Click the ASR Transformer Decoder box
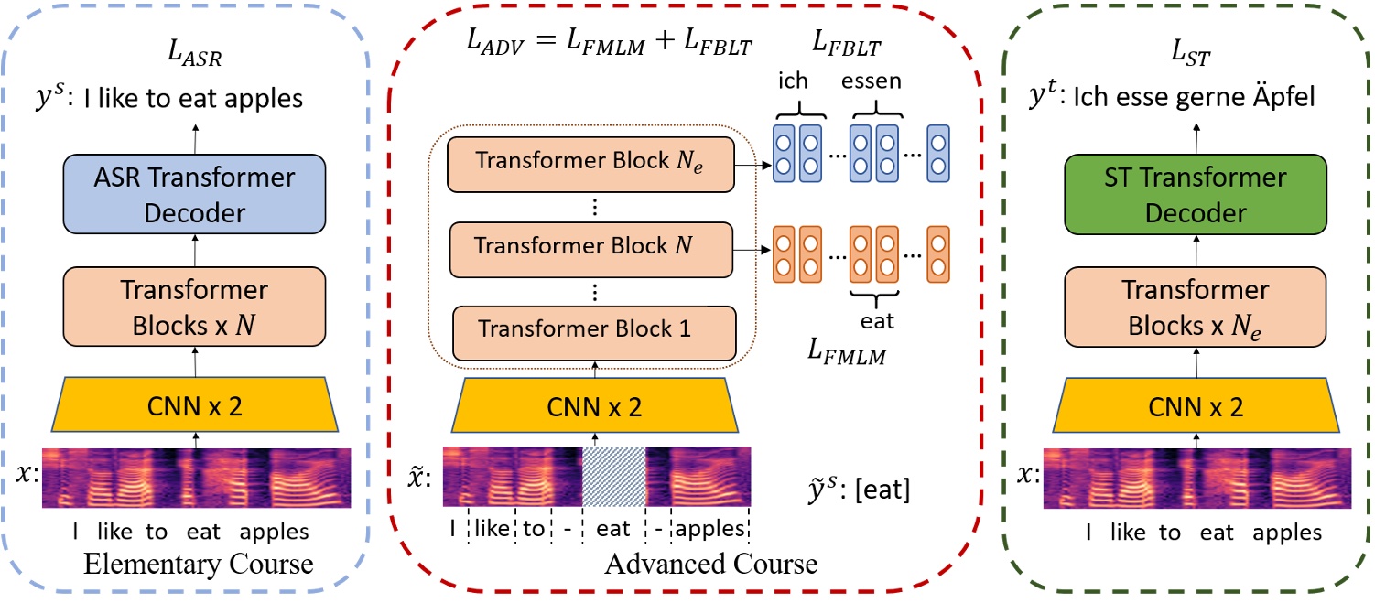[194, 193]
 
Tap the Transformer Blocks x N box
[194, 308]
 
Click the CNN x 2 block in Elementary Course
[195, 404]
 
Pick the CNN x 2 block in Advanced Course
[595, 404]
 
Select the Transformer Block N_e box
[591, 163]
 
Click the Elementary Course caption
[199, 565]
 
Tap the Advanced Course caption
[710, 564]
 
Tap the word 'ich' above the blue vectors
[793, 81]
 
